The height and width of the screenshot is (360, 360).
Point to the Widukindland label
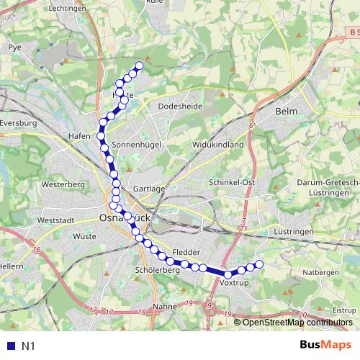pyautogui.click(x=217, y=144)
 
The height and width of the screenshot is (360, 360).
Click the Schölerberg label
pyautogui.click(x=156, y=269)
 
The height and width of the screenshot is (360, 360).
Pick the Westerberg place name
pyautogui.click(x=63, y=184)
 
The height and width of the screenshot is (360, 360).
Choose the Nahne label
pyautogui.click(x=166, y=307)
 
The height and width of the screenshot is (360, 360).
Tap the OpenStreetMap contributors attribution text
pyautogui.click(x=297, y=322)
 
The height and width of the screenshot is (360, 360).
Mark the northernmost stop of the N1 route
pyautogui.click(x=139, y=66)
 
